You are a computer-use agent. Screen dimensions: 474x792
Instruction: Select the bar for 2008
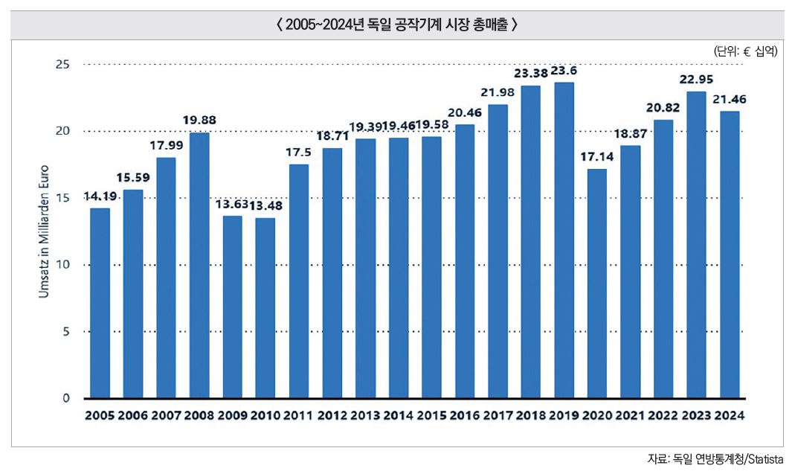click(x=199, y=265)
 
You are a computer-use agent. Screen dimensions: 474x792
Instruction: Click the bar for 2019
click(x=564, y=240)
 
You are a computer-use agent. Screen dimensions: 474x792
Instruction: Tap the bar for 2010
click(x=265, y=307)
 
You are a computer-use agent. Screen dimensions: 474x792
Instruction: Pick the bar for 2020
click(x=597, y=283)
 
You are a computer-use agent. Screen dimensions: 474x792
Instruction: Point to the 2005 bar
click(x=100, y=303)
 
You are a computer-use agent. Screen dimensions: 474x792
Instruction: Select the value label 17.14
click(x=597, y=157)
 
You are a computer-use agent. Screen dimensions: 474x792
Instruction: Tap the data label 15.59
click(x=133, y=178)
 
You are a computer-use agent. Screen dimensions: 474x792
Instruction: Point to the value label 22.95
click(x=697, y=79)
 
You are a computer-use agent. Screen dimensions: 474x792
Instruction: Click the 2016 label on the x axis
click(x=465, y=415)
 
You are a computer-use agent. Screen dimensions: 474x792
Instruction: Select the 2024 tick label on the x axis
click(x=730, y=415)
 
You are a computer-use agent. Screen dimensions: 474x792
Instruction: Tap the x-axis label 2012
click(x=332, y=415)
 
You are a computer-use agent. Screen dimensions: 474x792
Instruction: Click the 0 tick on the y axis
click(x=65, y=398)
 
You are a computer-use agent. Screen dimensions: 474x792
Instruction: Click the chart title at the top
click(x=396, y=25)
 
